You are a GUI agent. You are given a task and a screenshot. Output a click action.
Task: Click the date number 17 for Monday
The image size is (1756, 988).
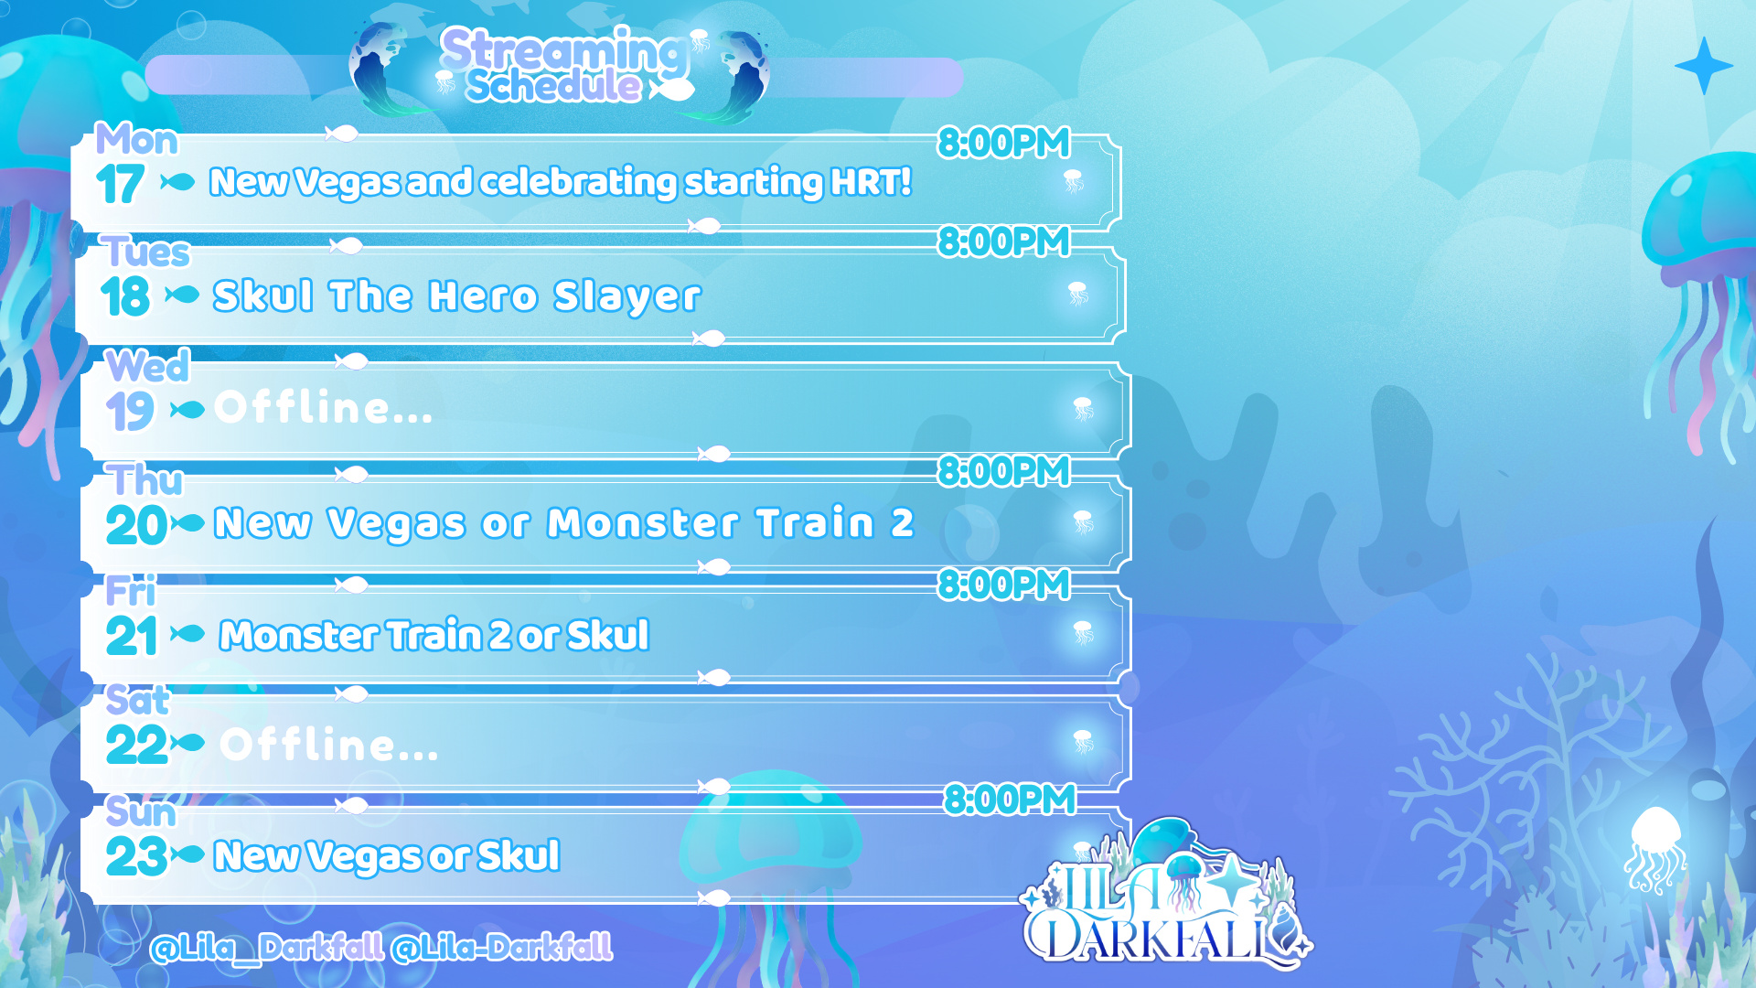(x=120, y=184)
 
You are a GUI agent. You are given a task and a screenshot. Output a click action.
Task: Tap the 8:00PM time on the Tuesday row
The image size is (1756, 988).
(x=1004, y=242)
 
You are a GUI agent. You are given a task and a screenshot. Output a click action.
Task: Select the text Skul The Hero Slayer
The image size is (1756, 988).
(x=456, y=296)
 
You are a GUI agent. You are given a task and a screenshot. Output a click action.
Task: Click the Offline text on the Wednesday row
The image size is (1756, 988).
(x=323, y=407)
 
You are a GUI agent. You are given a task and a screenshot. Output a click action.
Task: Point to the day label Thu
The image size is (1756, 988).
(x=145, y=479)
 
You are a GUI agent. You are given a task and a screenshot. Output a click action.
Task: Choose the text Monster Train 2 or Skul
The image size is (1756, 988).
(x=434, y=635)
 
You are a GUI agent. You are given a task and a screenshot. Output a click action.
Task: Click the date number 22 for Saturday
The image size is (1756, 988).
(x=136, y=745)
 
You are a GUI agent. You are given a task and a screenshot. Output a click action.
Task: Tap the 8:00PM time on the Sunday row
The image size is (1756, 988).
(x=1010, y=800)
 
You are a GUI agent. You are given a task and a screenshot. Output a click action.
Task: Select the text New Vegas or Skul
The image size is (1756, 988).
(x=387, y=856)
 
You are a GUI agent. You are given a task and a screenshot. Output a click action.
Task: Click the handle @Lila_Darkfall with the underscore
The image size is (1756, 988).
(x=267, y=948)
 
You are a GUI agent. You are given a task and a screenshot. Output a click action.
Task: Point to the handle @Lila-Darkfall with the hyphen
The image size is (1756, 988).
(x=502, y=948)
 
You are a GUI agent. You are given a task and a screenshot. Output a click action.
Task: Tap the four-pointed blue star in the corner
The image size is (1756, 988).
(x=1704, y=66)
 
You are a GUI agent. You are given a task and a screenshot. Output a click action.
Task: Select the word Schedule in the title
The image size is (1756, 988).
(x=554, y=86)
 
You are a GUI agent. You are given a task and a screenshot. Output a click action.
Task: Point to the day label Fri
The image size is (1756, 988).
(x=130, y=591)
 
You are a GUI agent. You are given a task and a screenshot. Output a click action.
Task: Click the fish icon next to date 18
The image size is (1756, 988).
(x=182, y=295)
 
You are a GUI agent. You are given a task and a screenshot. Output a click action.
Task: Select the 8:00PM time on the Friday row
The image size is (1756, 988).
(x=1004, y=585)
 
